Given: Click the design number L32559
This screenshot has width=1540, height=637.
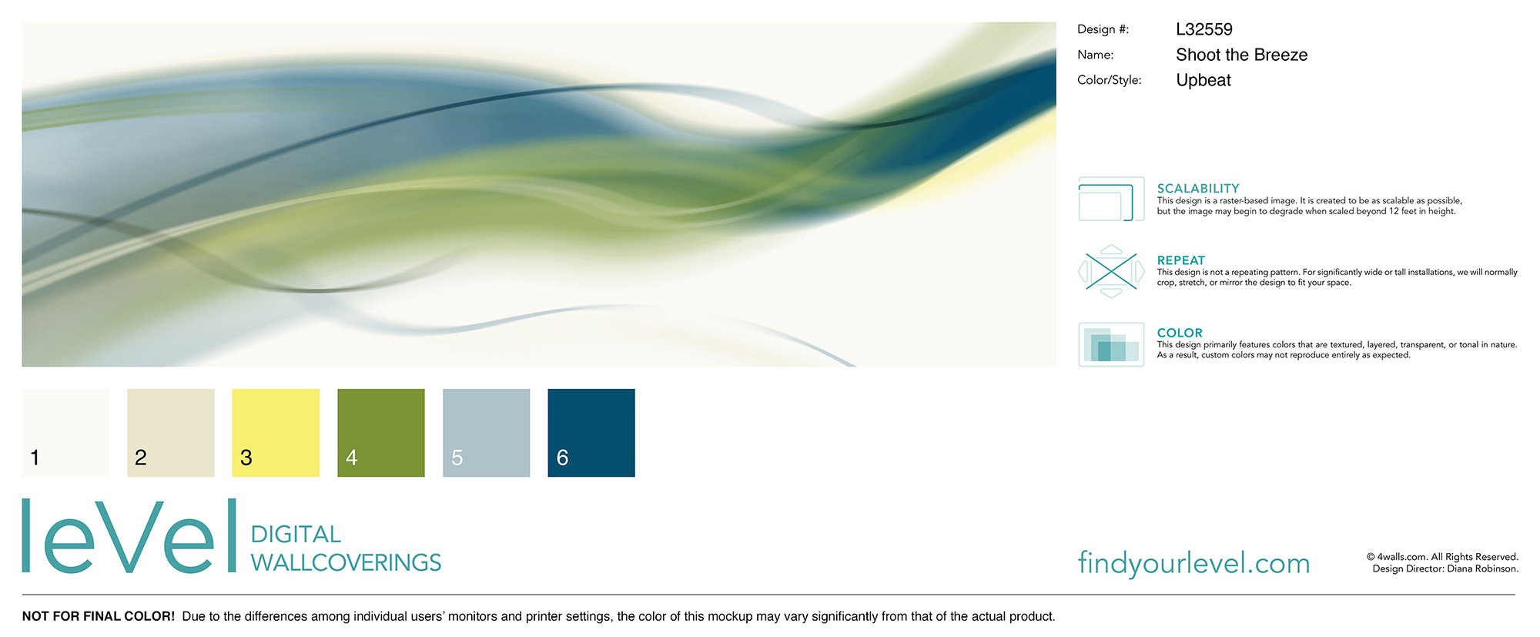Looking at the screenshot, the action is (x=1204, y=29).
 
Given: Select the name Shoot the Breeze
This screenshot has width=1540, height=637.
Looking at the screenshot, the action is (x=1241, y=55).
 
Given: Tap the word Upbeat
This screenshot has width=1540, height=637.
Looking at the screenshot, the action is (x=1204, y=80).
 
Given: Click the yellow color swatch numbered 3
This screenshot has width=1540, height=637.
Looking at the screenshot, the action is (x=276, y=433).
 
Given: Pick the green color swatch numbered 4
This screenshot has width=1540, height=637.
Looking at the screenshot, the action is (x=381, y=433).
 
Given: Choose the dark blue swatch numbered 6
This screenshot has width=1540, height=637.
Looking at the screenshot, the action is (x=591, y=433).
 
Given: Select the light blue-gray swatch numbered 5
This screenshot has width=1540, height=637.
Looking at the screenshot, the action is (x=487, y=433).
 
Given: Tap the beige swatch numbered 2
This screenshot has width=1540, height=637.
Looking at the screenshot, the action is (x=171, y=433).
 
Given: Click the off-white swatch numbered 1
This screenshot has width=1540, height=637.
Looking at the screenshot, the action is (x=65, y=433).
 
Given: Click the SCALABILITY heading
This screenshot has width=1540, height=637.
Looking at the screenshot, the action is (x=1198, y=188).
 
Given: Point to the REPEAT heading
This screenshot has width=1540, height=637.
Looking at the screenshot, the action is (x=1180, y=260).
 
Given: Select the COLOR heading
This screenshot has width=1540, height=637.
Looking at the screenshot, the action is (x=1180, y=333).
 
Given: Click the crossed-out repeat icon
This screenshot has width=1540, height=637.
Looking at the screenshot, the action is (x=1111, y=271).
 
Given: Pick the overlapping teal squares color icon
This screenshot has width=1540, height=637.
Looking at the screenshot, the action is (x=1111, y=345).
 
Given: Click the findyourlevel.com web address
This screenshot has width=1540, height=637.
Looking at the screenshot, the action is (x=1193, y=563).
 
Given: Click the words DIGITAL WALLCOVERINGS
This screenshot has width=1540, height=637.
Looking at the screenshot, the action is (x=346, y=548).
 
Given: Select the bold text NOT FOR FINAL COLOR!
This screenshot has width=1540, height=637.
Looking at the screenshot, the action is (x=99, y=616).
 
